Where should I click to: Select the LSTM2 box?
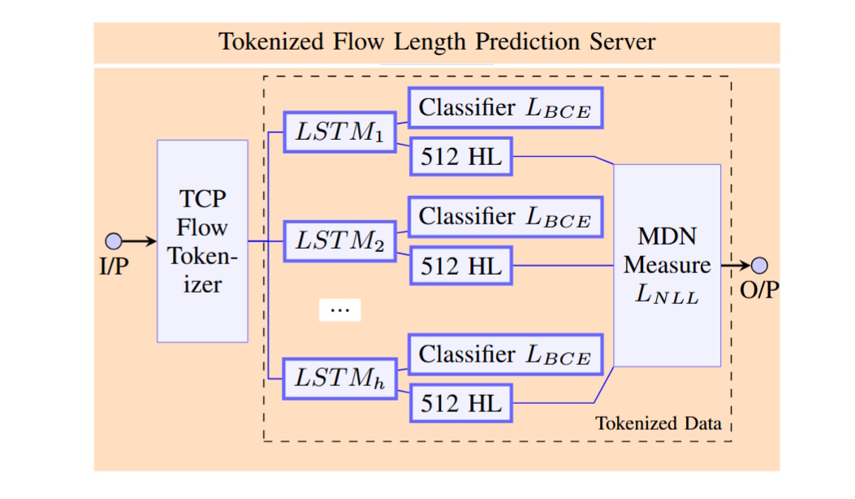coord(338,241)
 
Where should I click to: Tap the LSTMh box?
coord(338,379)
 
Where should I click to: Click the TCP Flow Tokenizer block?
coord(202,241)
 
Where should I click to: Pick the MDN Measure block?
coord(667,266)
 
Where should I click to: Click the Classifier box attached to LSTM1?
coord(504,108)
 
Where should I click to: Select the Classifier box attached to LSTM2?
coord(504,216)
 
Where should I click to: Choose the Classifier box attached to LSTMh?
coord(504,354)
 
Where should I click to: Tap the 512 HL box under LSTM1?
coord(461,158)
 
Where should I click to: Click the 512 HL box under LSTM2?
coord(461,266)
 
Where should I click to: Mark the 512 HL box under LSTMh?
coord(461,404)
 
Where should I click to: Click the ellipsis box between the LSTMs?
coord(339,310)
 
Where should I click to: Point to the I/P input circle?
coord(114,241)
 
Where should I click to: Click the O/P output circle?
coord(759,265)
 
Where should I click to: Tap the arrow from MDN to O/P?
coord(736,265)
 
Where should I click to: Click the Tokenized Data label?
coord(659,424)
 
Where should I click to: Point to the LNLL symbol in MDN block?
coord(667,297)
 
